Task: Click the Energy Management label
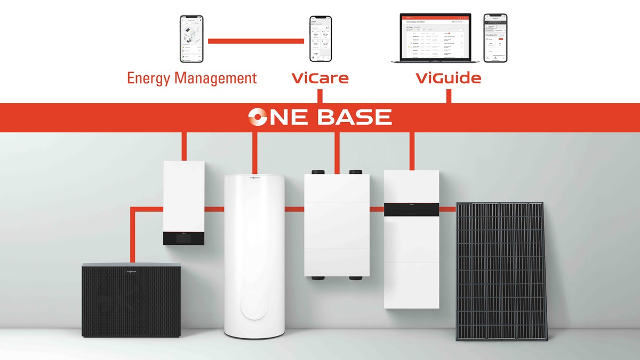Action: click(191, 78)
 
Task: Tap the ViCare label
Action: click(320, 78)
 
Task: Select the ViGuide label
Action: click(448, 78)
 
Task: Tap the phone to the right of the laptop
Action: click(495, 38)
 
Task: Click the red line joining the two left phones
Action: click(256, 41)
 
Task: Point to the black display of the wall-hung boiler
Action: click(183, 239)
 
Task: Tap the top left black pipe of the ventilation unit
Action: click(318, 173)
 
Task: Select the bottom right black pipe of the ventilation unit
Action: click(355, 278)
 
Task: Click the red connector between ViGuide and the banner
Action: click(449, 96)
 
